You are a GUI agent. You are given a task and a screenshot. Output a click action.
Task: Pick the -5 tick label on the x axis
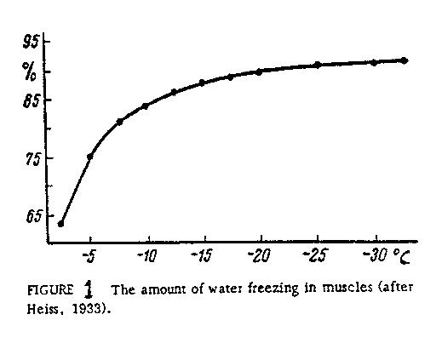coord(89,257)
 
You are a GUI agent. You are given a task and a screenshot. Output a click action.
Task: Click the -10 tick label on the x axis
coord(146,257)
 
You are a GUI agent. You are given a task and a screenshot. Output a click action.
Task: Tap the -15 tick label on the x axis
coord(203,257)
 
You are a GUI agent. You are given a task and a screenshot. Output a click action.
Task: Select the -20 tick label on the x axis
coord(260,257)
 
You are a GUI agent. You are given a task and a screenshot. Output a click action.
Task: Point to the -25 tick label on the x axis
coord(317,257)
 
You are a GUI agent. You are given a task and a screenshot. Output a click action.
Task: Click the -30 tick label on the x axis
coord(372,257)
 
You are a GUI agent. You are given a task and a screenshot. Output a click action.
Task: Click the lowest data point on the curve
coord(60,224)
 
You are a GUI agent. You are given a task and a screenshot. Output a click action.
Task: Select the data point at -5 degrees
coord(89,157)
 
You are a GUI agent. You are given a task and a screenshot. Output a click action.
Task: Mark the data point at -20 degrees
coord(259,71)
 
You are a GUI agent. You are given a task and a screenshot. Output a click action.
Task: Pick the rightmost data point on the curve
coord(404,60)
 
